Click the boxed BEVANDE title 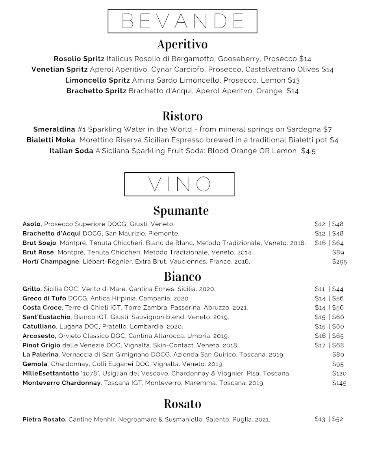pyautogui.click(x=182, y=21)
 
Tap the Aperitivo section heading pyautogui.click(x=182, y=44)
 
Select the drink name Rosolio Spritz pyautogui.click(x=79, y=59)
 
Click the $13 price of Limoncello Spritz pyautogui.click(x=294, y=80)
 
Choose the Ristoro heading pyautogui.click(x=182, y=116)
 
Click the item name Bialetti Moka pyautogui.click(x=51, y=140)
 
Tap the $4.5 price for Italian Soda pyautogui.click(x=308, y=151)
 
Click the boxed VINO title pyautogui.click(x=179, y=184)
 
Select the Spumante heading pyautogui.click(x=181, y=210)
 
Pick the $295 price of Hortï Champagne pyautogui.click(x=339, y=262)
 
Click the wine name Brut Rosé pyautogui.click(x=38, y=253)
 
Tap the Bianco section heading pyautogui.click(x=182, y=277)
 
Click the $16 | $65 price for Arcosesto pyautogui.click(x=329, y=336)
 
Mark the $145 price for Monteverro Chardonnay pyautogui.click(x=339, y=383)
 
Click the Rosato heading pyautogui.click(x=182, y=404)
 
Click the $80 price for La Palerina pyautogui.click(x=338, y=355)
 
